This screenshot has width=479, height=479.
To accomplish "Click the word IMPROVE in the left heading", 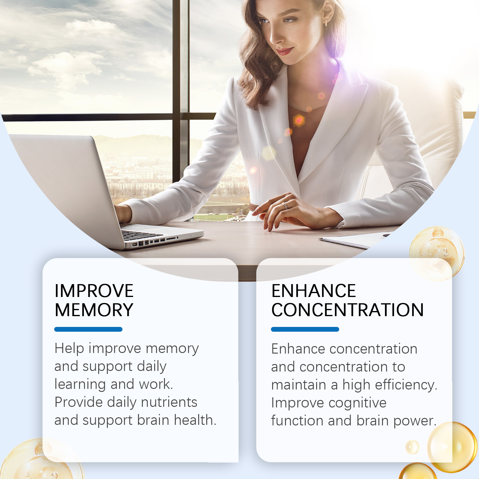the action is pyautogui.click(x=94, y=291).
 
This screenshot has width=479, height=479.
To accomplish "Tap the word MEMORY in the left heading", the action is pyautogui.click(x=94, y=310).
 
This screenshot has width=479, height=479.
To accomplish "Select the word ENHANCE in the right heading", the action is pyautogui.click(x=314, y=291).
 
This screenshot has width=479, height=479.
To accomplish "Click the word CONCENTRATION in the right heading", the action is pyautogui.click(x=348, y=310).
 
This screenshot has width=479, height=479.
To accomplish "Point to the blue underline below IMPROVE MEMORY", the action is pyautogui.click(x=88, y=329).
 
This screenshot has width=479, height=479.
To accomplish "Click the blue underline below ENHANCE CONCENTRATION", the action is pyautogui.click(x=305, y=329).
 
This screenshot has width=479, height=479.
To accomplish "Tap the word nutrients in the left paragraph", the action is pyautogui.click(x=169, y=402).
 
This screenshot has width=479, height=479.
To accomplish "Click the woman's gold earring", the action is pyautogui.click(x=326, y=23).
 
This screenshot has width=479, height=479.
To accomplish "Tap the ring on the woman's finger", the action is pyautogui.click(x=284, y=206).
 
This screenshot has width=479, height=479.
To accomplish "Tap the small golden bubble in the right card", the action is pyautogui.click(x=412, y=447).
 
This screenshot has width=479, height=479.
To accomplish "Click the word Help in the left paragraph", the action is pyautogui.click(x=69, y=348).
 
